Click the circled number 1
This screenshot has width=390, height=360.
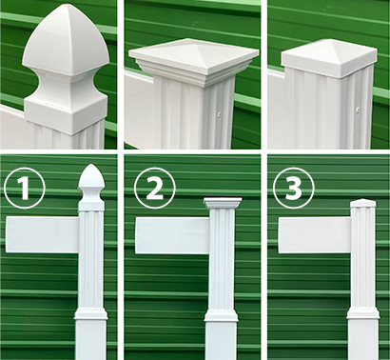(25, 189)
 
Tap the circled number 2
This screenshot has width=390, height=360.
(154, 189)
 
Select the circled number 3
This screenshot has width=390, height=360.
(294, 188)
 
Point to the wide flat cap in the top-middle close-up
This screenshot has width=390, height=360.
(194, 54)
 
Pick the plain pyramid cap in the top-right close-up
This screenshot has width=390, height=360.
(330, 58)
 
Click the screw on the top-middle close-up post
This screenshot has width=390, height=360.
(219, 112)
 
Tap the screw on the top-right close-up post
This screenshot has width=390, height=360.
(358, 110)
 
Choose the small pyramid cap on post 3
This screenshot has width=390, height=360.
(363, 203)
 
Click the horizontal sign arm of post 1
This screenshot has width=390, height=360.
(42, 234)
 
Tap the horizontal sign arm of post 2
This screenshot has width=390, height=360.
(172, 235)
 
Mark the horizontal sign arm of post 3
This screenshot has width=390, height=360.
(315, 235)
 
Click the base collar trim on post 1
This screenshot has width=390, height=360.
(90, 314)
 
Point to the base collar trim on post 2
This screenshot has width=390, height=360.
(222, 315)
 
